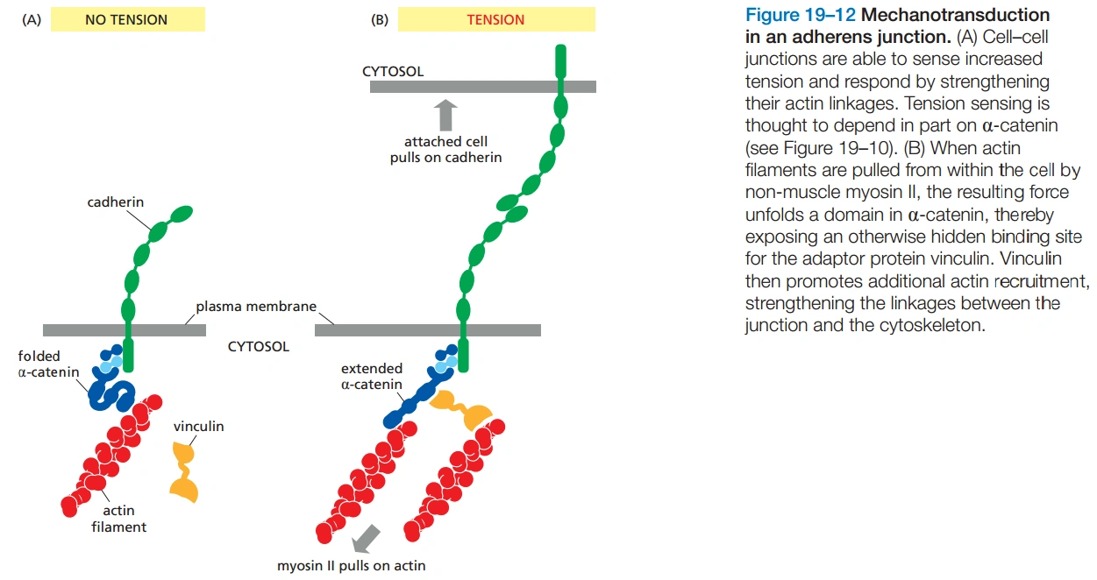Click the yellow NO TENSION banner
(127, 19)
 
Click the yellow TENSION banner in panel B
(495, 19)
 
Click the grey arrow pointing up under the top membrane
(447, 115)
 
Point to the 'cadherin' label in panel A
(116, 202)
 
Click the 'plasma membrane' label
(255, 308)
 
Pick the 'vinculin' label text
(198, 427)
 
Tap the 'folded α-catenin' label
(48, 364)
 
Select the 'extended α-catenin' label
(372, 377)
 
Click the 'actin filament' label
(118, 519)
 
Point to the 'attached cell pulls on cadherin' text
(445, 150)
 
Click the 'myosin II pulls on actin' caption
(351, 565)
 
